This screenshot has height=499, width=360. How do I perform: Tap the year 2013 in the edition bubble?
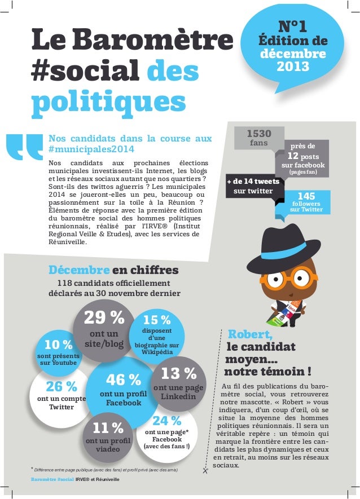pos(292,67)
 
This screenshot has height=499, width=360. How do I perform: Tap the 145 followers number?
pos(305,195)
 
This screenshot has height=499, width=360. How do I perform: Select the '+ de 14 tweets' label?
pos(253,182)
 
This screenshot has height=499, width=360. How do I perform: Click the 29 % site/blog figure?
pos(104,318)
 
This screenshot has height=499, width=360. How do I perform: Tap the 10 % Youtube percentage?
pos(59,345)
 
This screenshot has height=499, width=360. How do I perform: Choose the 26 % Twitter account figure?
pos(61,387)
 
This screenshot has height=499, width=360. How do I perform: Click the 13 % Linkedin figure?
pos(178,373)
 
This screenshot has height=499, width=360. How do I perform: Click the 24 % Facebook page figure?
pos(167,421)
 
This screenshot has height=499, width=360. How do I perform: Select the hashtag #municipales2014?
pos(91,149)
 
